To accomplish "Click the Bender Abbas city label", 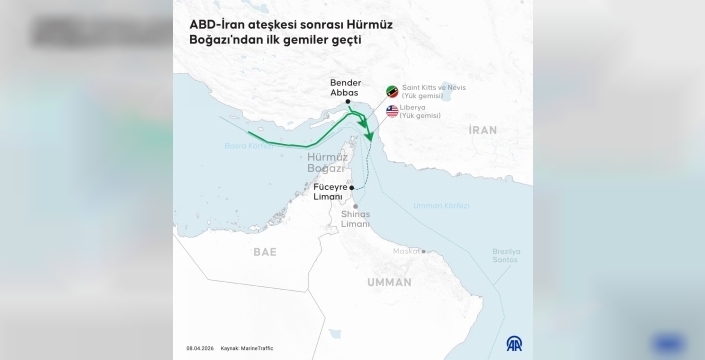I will click(344, 87).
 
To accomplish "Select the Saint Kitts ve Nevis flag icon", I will click(392, 91).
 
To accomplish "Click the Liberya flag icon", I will click(392, 110).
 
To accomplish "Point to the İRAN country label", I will click(482, 130).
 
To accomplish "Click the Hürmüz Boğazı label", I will click(328, 162).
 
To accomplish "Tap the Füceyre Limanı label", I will click(329, 191).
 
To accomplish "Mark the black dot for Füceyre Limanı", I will click(352, 187).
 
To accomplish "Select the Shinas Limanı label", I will click(355, 219).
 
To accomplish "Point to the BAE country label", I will click(265, 251).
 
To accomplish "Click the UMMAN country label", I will click(389, 282).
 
